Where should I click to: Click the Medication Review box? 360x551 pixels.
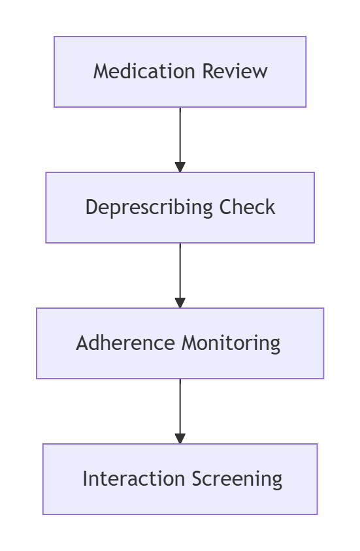click(x=180, y=72)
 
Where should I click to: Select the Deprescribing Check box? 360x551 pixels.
click(x=180, y=208)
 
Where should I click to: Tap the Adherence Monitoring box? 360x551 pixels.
click(x=180, y=343)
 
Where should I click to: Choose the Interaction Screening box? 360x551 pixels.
click(x=180, y=479)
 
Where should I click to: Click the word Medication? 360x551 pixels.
click(x=144, y=71)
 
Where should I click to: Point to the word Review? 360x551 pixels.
click(x=235, y=71)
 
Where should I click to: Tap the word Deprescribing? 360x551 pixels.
click(x=149, y=208)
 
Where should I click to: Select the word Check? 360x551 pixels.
click(x=247, y=207)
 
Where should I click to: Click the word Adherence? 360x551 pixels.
click(x=125, y=343)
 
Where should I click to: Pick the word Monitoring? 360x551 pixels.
click(x=231, y=343)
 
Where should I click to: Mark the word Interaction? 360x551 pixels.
click(x=133, y=479)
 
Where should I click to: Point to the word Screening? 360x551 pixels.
click(x=237, y=479)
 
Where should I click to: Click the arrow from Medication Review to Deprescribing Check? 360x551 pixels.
click(x=180, y=140)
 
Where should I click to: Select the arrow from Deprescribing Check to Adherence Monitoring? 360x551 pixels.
click(x=180, y=275)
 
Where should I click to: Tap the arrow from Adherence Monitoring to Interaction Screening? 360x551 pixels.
click(x=180, y=411)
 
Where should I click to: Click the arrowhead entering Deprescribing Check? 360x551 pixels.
click(x=180, y=167)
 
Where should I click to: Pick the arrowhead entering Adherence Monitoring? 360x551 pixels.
click(x=180, y=303)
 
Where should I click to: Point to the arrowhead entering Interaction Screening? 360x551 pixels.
click(x=180, y=439)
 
